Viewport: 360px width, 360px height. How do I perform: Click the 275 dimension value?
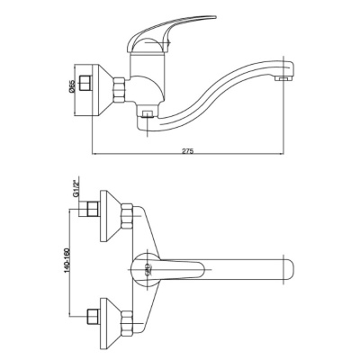click(x=188, y=150)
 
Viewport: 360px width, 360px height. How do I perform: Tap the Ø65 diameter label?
click(x=71, y=86)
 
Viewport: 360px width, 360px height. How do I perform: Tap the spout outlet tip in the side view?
click(x=283, y=79)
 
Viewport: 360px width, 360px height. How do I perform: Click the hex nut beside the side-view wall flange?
click(x=119, y=90)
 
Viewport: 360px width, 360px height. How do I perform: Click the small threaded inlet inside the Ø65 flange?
click(x=85, y=83)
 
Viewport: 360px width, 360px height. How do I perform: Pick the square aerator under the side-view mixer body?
click(x=148, y=114)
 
